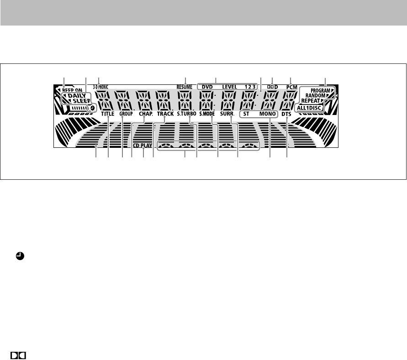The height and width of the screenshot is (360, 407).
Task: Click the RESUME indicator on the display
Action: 185,86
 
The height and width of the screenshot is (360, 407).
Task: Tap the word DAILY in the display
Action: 80,96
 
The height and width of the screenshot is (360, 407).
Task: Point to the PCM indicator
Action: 292,86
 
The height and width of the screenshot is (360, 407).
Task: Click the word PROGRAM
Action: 319,91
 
